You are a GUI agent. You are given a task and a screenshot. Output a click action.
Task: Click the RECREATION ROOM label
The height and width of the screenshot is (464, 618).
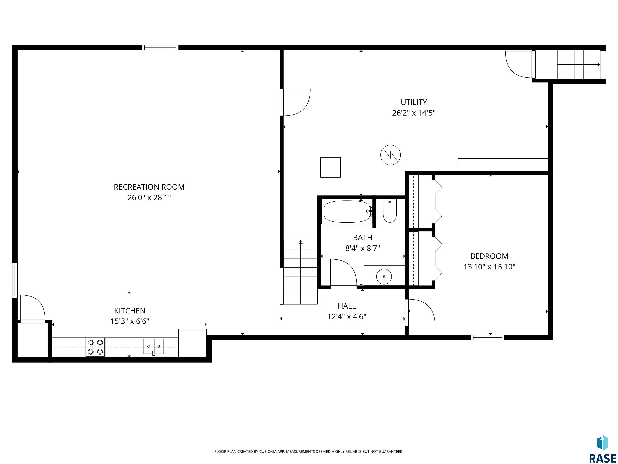pos(149,187)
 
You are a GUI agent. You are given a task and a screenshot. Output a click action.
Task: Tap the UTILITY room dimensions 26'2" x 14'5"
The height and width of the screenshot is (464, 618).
pos(414,113)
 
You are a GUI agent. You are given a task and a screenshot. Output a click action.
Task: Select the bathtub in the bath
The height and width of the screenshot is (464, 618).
pos(347,212)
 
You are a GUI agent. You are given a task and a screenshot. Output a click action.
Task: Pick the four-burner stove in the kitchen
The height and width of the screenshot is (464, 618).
pos(95,347)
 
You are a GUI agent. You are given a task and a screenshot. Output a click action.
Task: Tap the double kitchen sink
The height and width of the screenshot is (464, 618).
pos(154,347)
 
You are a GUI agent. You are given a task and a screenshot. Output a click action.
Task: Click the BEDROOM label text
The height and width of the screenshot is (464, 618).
pos(489,256)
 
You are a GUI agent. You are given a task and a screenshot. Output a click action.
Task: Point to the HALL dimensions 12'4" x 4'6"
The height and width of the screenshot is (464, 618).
pos(347,317)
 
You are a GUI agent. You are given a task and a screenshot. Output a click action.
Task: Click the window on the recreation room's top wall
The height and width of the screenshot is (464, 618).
pos(160,48)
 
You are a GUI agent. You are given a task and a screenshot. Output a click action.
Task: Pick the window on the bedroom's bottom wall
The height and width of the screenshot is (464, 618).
pos(487,337)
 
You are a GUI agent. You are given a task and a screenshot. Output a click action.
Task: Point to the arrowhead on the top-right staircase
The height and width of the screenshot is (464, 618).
pos(598,65)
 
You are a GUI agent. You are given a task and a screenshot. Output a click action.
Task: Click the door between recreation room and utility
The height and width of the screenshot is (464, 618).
pos(296,102)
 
